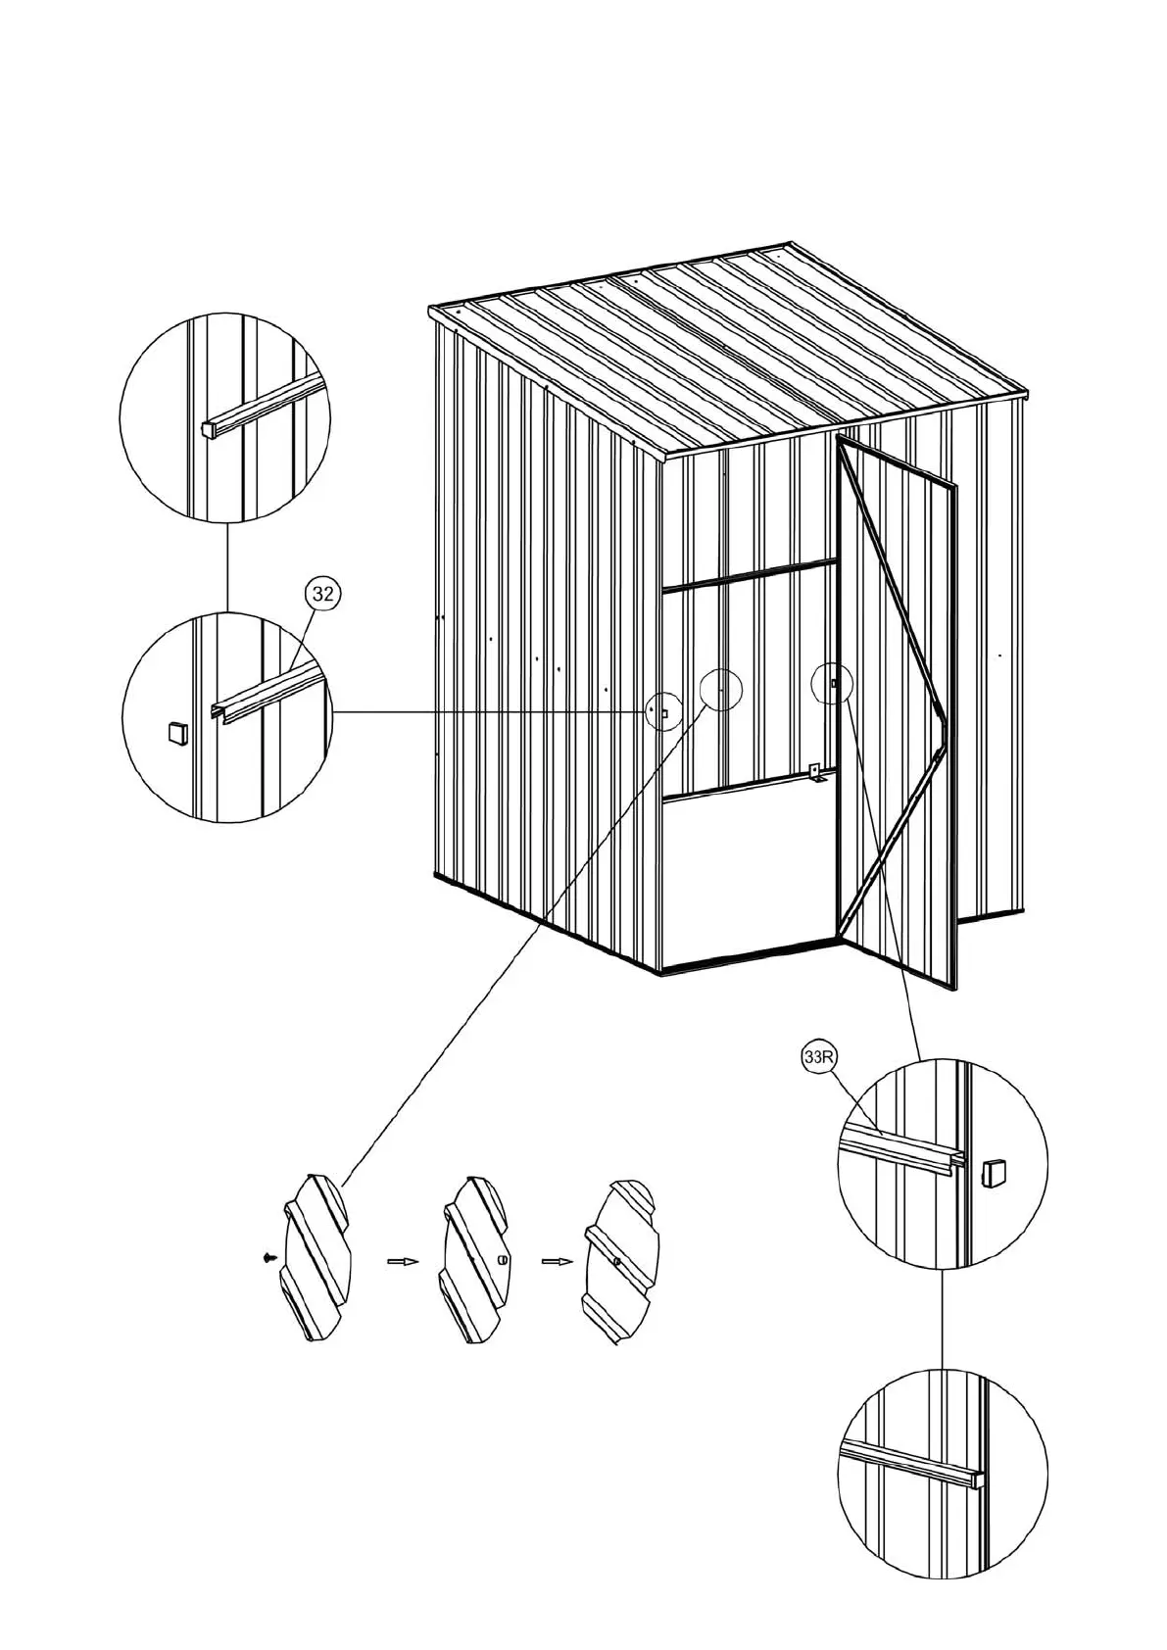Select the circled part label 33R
pyautogui.click(x=815, y=1059)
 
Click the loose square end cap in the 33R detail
pyautogui.click(x=993, y=1171)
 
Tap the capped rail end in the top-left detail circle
pyautogui.click(x=209, y=428)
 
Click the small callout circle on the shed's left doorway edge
pyautogui.click(x=663, y=710)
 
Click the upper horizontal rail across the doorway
pyautogui.click(x=750, y=575)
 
